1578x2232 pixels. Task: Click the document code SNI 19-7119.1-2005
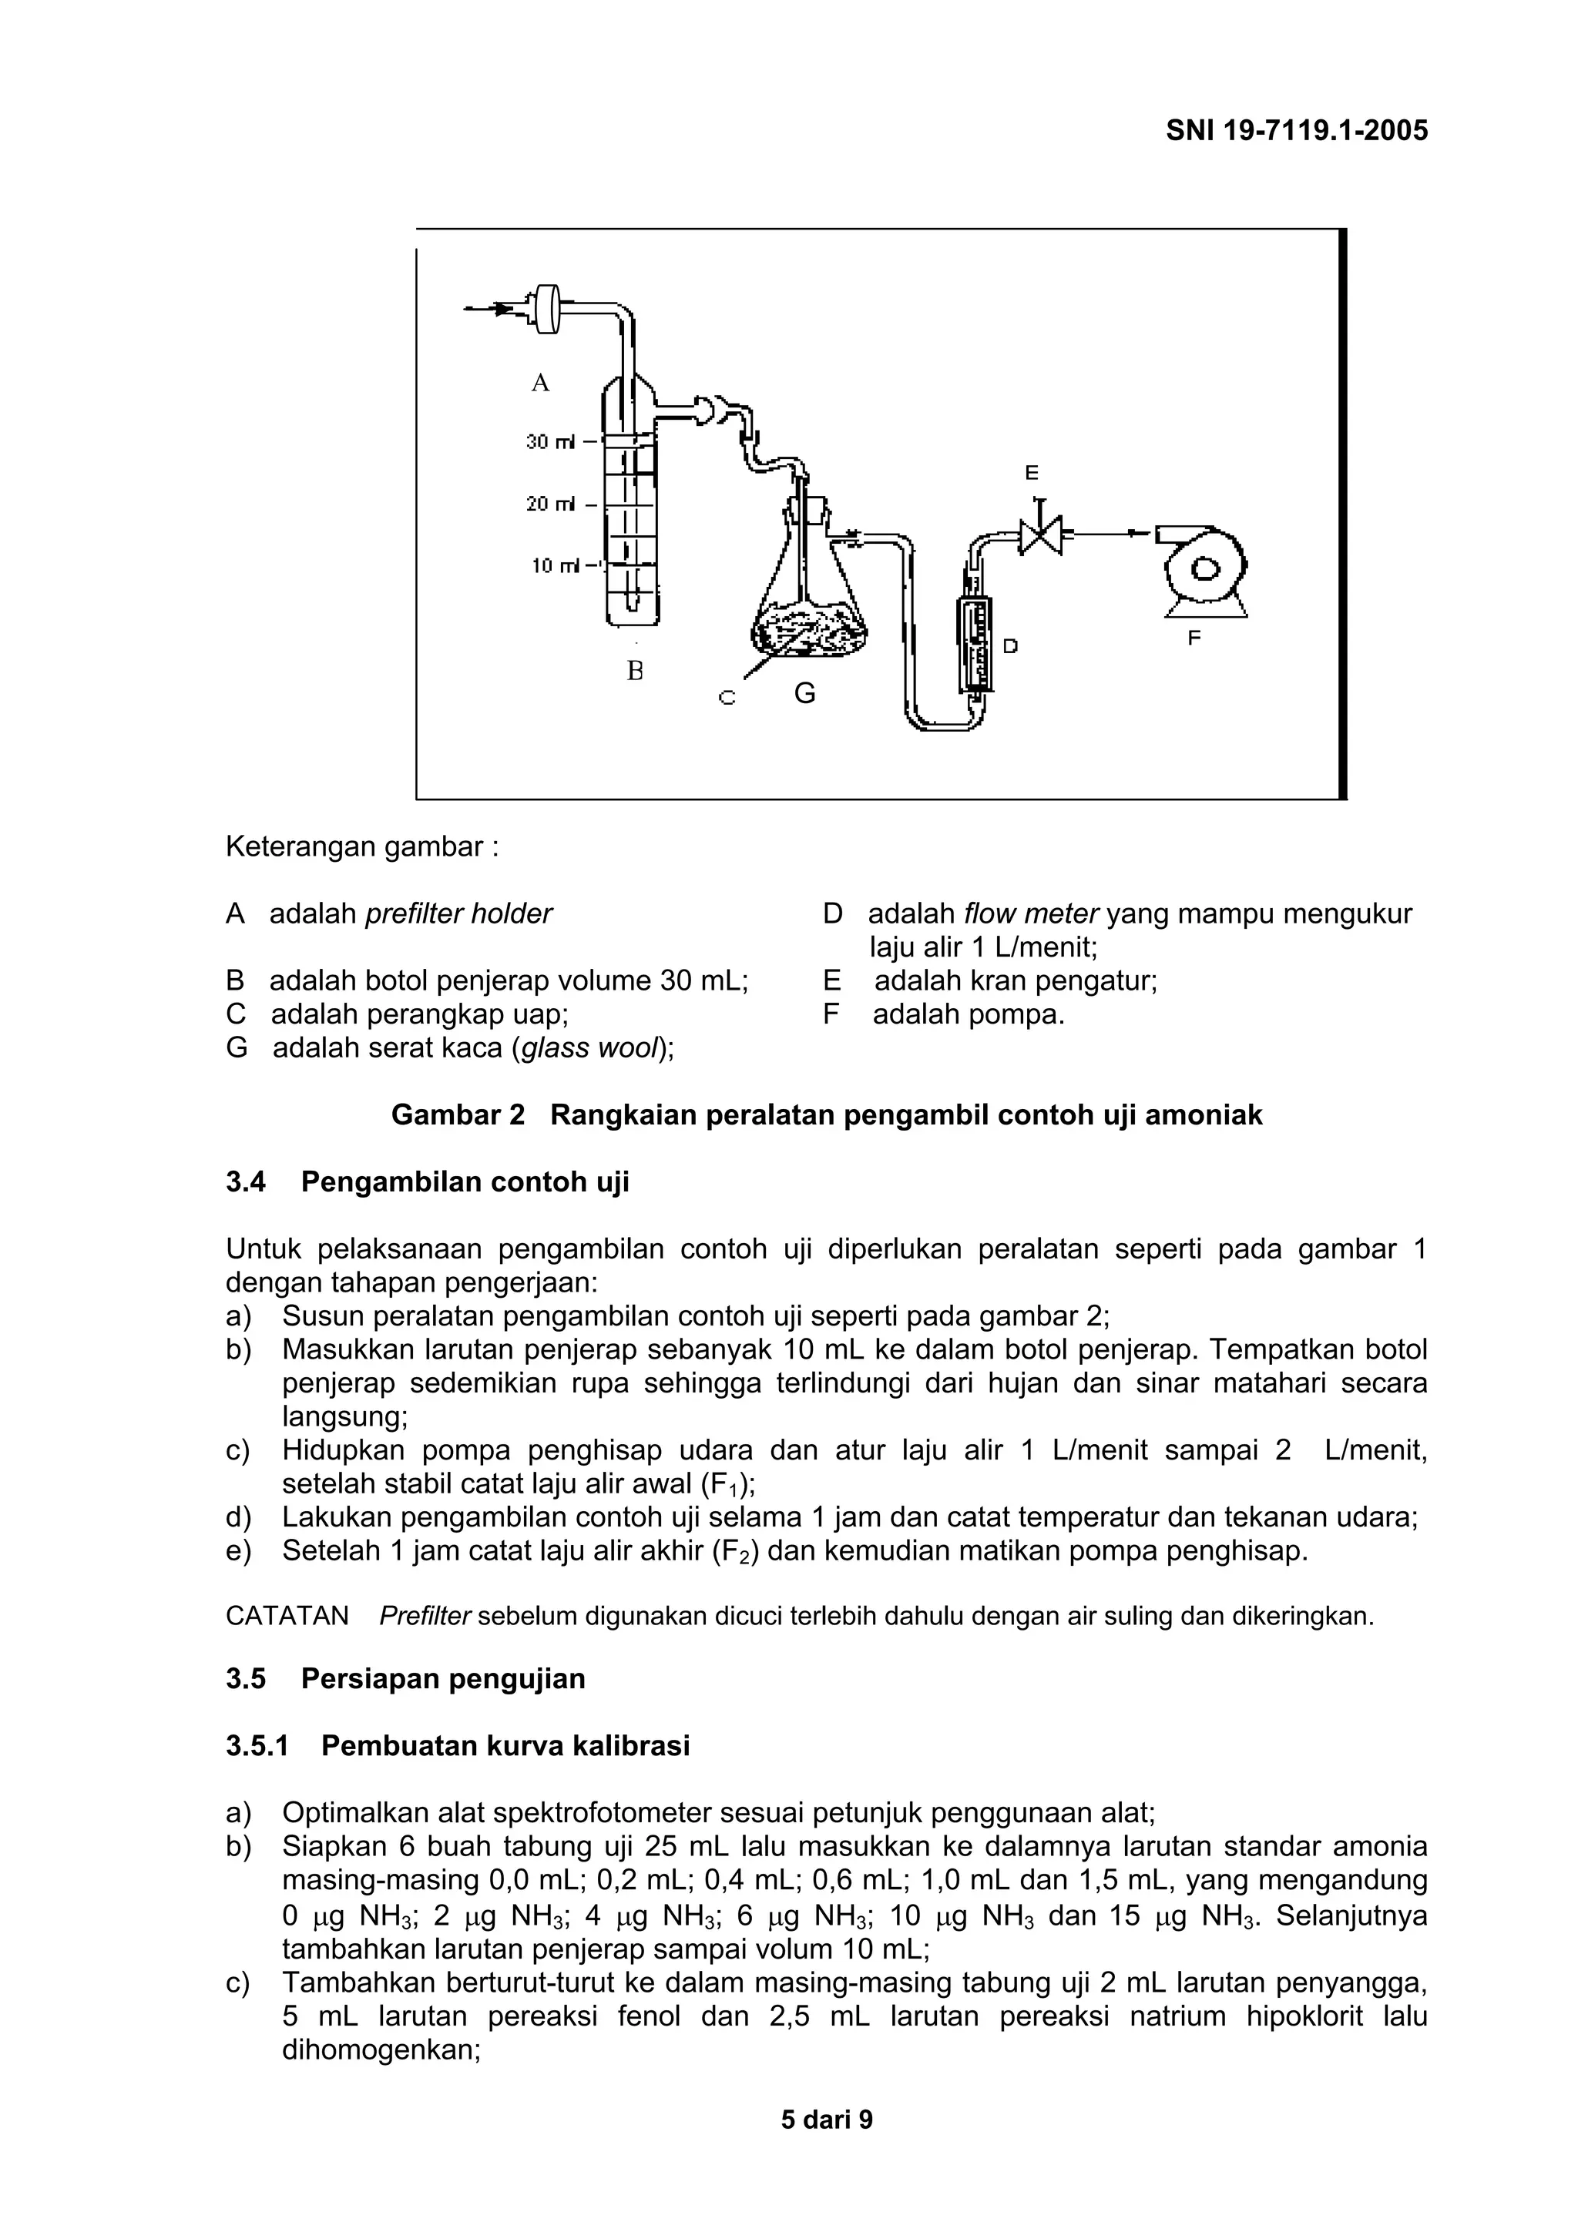[x=1296, y=130]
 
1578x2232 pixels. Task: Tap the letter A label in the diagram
[x=541, y=383]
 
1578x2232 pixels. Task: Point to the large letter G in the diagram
[x=805, y=693]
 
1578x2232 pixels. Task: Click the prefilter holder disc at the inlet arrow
[x=549, y=308]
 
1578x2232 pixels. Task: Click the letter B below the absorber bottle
[x=635, y=671]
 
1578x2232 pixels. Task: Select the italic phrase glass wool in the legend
[x=591, y=1048]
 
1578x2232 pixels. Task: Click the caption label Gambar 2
[x=458, y=1115]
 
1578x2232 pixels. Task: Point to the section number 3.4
[x=246, y=1182]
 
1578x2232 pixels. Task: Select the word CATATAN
[x=287, y=1616]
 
